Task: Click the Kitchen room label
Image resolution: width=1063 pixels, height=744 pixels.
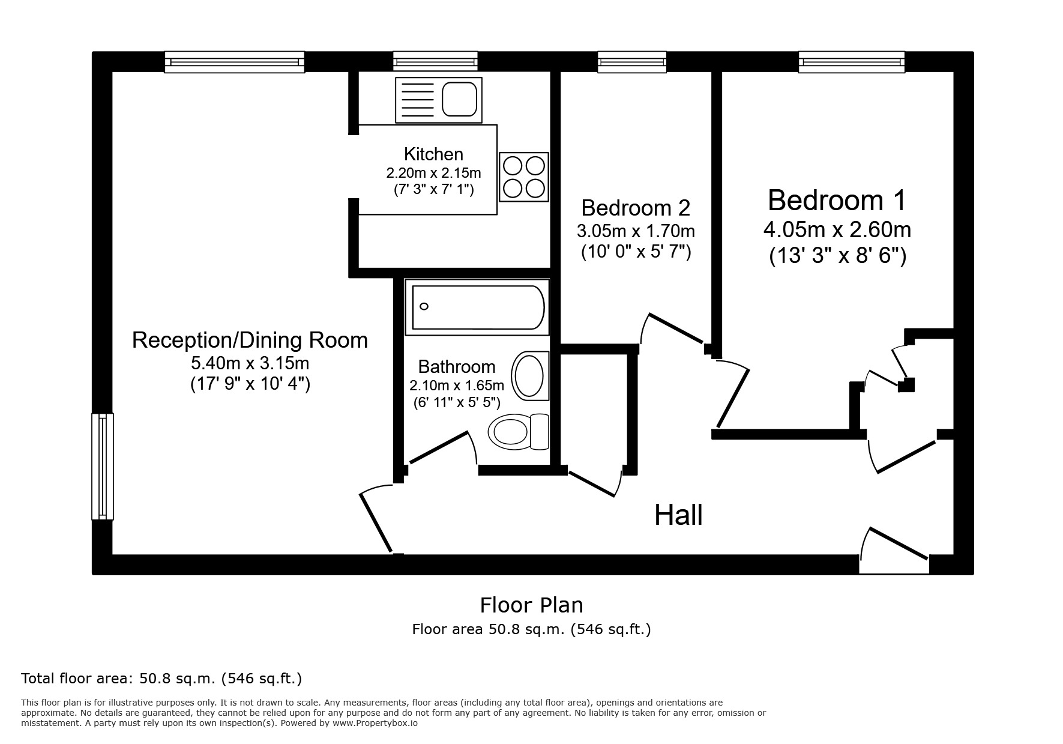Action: (433, 154)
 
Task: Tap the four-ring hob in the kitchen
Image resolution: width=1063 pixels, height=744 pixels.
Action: (524, 177)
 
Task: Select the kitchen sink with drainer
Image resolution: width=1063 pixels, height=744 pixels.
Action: (439, 100)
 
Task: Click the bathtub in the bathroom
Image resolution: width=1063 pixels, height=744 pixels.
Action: (477, 307)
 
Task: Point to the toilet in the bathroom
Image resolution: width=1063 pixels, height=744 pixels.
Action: (519, 431)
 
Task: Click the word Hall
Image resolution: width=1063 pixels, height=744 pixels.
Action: (678, 515)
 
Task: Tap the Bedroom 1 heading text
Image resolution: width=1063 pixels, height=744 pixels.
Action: (837, 200)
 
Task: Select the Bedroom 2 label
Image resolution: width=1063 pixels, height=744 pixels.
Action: (636, 208)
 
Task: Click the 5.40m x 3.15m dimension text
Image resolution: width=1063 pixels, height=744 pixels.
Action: (250, 363)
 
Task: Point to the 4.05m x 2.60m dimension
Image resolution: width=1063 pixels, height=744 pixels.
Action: (837, 229)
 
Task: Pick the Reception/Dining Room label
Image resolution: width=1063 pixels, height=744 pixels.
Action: (250, 340)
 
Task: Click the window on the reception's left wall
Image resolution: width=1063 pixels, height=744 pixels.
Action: (103, 466)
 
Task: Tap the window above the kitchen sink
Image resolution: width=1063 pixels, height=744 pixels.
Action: (436, 61)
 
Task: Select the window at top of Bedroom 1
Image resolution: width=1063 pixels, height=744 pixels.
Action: (851, 61)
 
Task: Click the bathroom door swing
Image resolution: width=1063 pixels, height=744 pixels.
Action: (443, 449)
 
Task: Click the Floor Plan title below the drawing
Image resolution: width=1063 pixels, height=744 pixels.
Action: (531, 605)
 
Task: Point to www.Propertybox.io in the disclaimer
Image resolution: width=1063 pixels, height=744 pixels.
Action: (375, 724)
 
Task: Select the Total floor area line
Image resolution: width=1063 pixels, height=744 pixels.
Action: (161, 679)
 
